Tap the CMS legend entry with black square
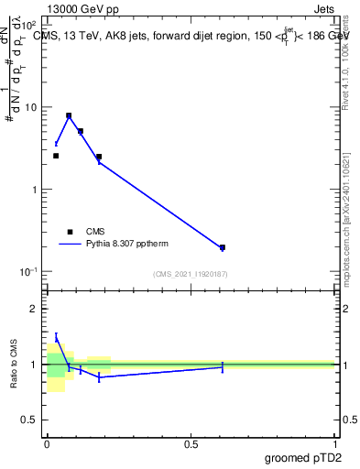click(x=71, y=232)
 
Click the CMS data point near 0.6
click(x=223, y=247)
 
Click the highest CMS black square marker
click(x=69, y=116)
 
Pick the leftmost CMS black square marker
click(x=56, y=156)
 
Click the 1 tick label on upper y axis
click(x=37, y=190)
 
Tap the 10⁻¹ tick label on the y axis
click(x=31, y=271)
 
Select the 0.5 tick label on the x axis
click(x=191, y=445)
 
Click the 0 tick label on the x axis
click(x=47, y=445)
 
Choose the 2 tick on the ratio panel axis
click(x=37, y=309)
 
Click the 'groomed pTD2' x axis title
click(x=302, y=458)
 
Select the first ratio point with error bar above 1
click(x=56, y=338)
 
